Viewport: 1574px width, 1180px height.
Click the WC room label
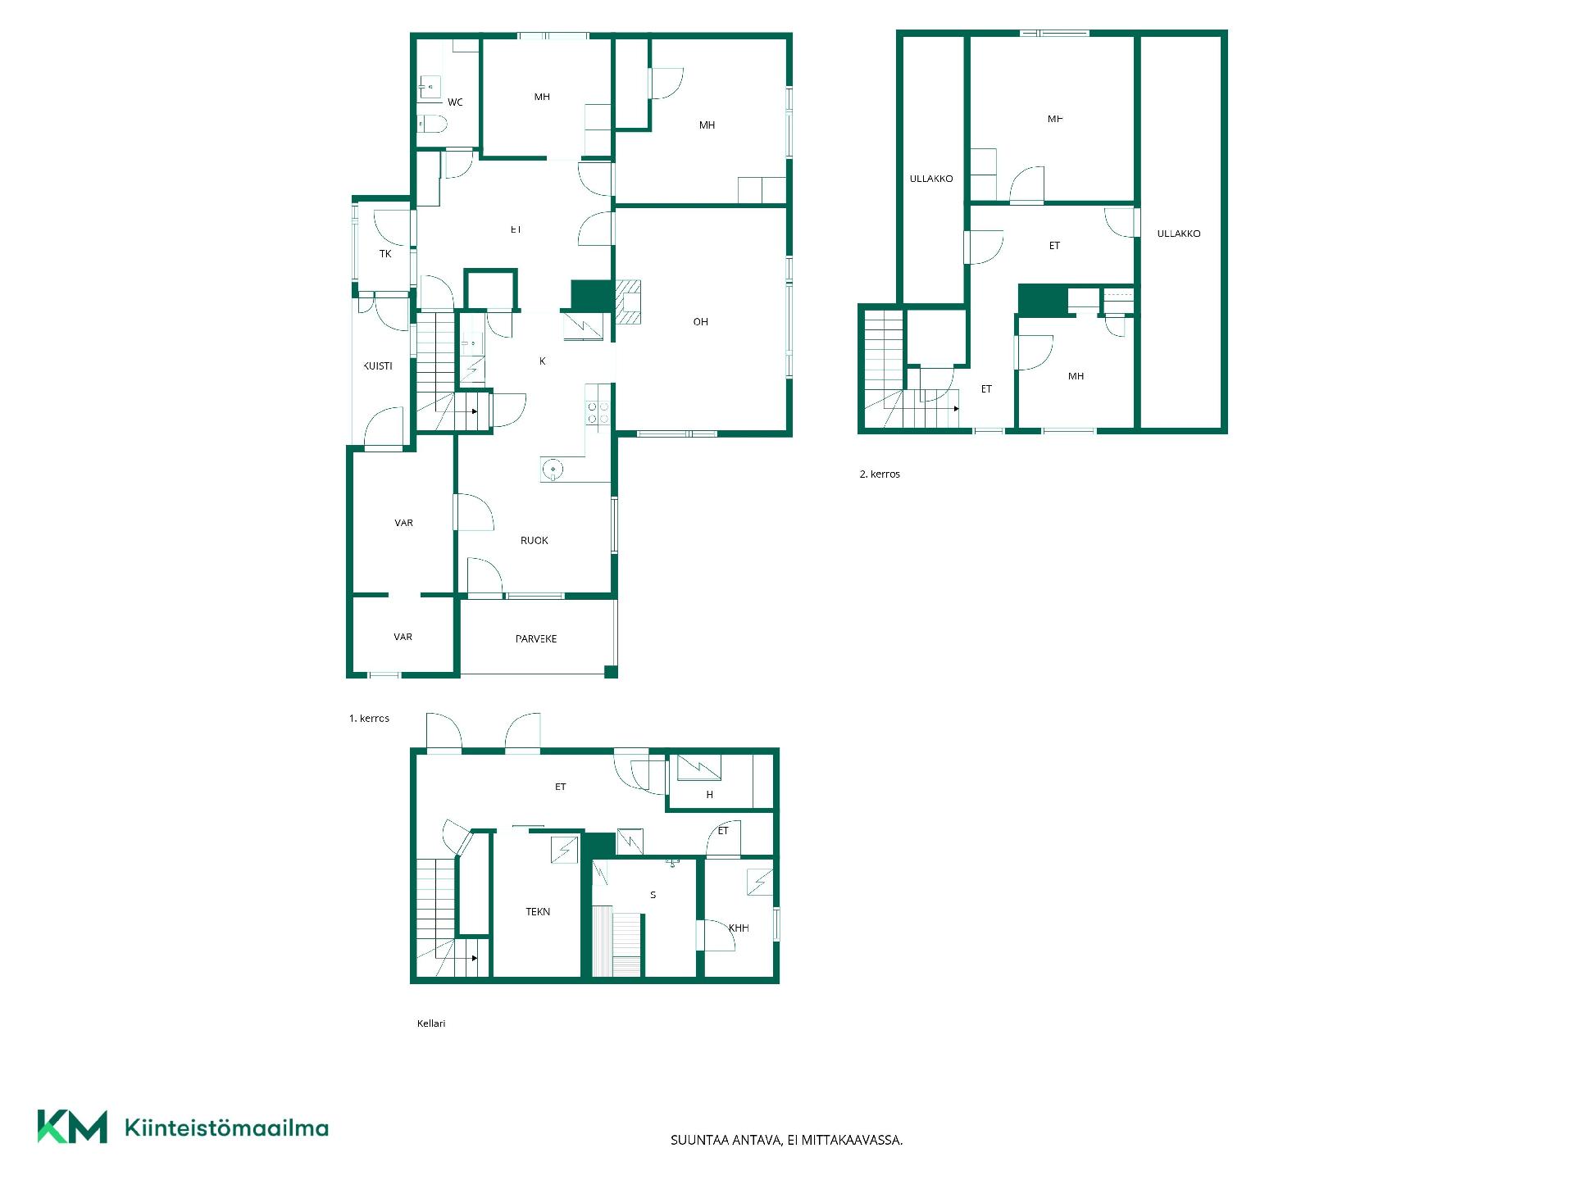[x=455, y=102]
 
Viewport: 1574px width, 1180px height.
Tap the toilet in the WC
[x=433, y=125]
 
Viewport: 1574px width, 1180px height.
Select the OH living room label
[x=700, y=322]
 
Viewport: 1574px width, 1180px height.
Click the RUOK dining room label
[x=535, y=541]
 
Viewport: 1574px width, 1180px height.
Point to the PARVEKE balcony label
[x=536, y=639]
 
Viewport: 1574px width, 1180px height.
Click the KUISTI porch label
[x=378, y=366]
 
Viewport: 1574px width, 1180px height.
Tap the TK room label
[x=385, y=254]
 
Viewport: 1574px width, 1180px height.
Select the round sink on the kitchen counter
[x=553, y=470]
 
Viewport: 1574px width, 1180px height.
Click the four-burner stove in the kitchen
[x=598, y=413]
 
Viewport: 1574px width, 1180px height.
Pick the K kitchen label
[x=542, y=361]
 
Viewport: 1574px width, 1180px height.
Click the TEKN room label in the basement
[x=538, y=912]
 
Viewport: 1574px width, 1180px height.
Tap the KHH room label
[x=739, y=928]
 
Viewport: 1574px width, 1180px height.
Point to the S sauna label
[x=653, y=895]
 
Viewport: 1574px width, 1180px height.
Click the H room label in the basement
[x=710, y=795]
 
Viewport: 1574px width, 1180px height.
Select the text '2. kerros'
[x=880, y=474]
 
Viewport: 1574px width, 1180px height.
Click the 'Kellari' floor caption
[x=431, y=1023]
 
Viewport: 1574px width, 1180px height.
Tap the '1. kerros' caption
[x=369, y=719]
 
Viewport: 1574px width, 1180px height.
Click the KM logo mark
[x=72, y=1127]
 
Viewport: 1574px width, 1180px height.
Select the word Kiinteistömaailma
[x=226, y=1128]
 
